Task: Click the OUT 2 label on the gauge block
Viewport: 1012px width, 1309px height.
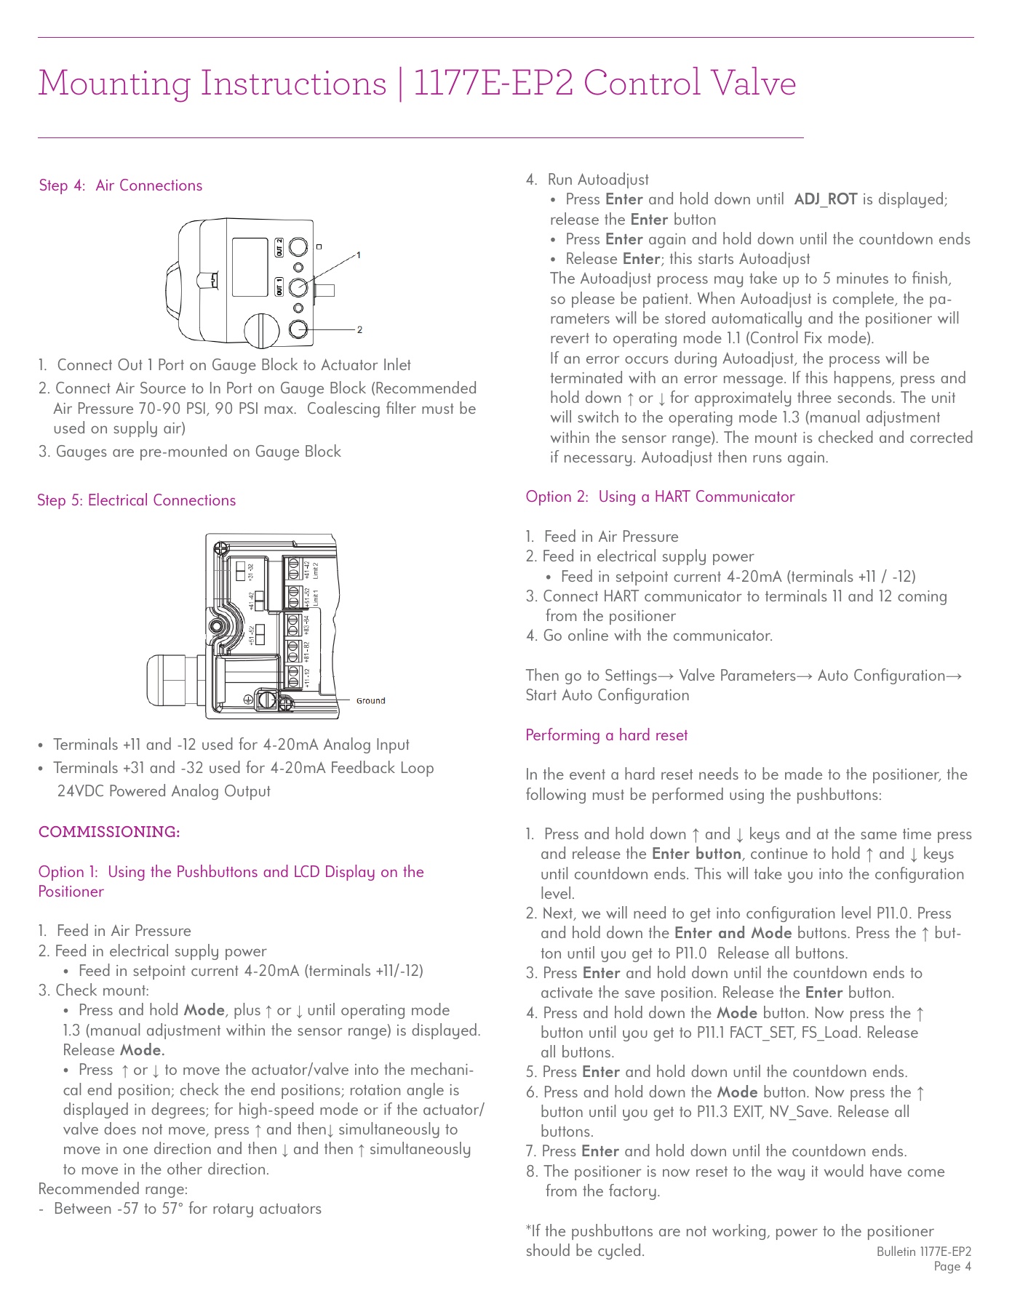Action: coord(279,247)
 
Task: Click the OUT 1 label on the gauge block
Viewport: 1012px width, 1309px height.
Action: coord(279,287)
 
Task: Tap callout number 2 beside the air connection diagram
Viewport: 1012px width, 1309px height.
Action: coord(359,330)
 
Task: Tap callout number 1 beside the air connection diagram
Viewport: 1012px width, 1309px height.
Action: coord(359,255)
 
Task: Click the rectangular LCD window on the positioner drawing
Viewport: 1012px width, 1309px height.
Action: coord(250,267)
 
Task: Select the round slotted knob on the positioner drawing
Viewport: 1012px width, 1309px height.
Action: coord(261,331)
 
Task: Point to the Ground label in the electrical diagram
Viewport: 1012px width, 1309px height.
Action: coord(370,701)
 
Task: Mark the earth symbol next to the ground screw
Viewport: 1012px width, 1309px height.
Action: coord(248,700)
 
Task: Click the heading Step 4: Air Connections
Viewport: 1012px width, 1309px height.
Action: coord(121,185)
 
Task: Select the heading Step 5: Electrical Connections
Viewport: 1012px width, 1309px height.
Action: coord(137,500)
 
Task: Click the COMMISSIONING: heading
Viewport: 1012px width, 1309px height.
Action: coord(109,832)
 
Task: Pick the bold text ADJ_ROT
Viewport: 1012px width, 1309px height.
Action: coord(825,199)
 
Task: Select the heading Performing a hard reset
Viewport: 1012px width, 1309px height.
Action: coord(606,735)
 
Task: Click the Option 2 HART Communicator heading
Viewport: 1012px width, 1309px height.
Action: coord(660,497)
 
